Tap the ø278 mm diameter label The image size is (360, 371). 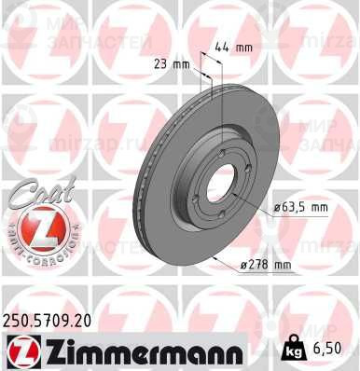coord(266,265)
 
